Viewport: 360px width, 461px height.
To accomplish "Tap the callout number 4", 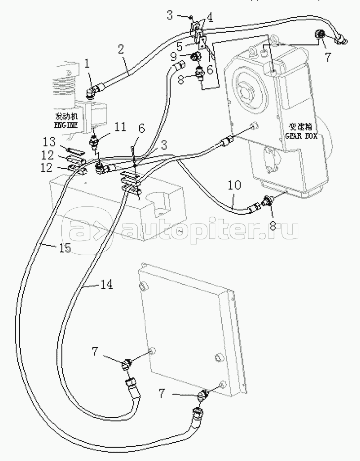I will pyautogui.click(x=209, y=18).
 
